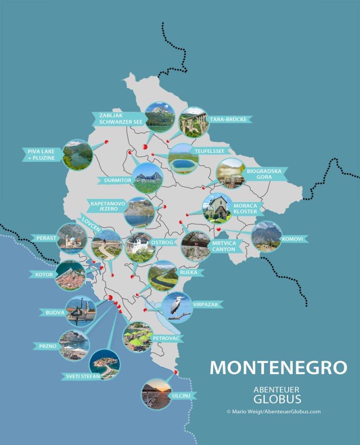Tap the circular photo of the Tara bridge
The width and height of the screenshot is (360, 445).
pos(193,122)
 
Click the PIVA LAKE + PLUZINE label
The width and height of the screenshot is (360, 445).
pos(42,154)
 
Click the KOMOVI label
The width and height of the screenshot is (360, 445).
pos(292,239)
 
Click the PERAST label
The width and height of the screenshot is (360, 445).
pos(45,238)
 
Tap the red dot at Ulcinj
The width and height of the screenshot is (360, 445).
pos(176,372)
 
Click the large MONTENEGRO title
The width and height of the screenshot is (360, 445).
pos(278,368)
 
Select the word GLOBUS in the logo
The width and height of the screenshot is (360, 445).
pos(277,399)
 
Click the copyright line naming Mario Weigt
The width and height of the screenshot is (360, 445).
pos(273,412)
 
